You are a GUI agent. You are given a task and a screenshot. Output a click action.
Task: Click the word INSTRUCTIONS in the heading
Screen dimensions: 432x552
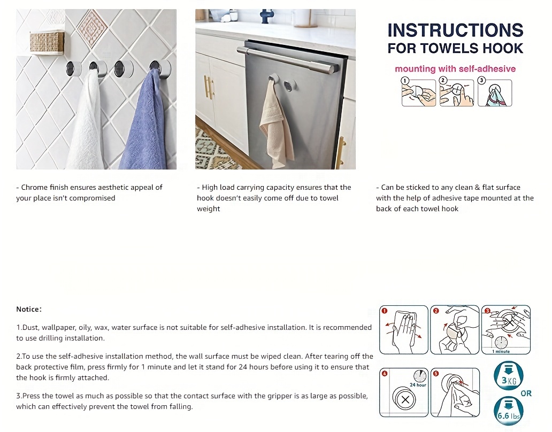(455, 30)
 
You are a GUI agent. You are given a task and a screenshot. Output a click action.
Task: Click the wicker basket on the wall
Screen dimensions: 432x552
(47, 42)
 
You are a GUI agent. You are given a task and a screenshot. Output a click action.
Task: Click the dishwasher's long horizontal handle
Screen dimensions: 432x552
(289, 60)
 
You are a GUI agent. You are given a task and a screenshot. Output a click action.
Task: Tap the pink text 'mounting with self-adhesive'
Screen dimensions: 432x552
(455, 68)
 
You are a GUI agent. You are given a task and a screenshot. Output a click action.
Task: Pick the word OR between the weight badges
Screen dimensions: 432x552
(526, 394)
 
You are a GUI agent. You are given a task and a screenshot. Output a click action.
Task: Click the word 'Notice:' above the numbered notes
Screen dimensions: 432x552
(29, 309)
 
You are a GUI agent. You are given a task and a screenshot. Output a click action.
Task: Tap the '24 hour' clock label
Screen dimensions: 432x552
(417, 384)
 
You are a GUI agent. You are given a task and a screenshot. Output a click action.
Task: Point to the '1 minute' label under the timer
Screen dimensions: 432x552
(501, 351)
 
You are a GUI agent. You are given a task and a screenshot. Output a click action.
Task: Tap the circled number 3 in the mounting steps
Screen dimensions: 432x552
(481, 80)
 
